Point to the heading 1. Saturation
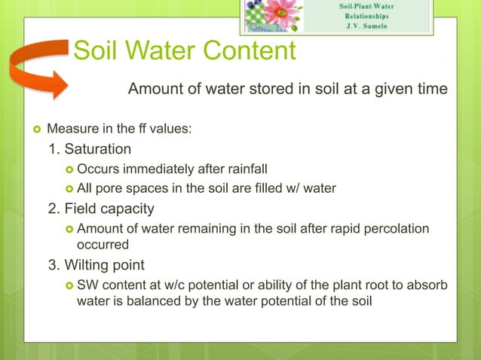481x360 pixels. coord(90,149)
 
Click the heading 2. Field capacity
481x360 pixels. coord(102,209)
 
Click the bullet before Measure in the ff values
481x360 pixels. coord(32,130)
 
